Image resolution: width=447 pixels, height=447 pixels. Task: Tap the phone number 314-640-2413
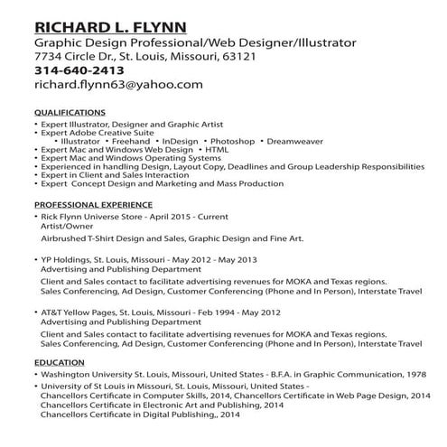click(79, 70)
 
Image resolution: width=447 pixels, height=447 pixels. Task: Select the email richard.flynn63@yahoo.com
click(117, 85)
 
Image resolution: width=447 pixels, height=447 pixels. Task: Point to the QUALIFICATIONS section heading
click(69, 114)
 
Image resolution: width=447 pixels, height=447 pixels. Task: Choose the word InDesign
click(179, 142)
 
